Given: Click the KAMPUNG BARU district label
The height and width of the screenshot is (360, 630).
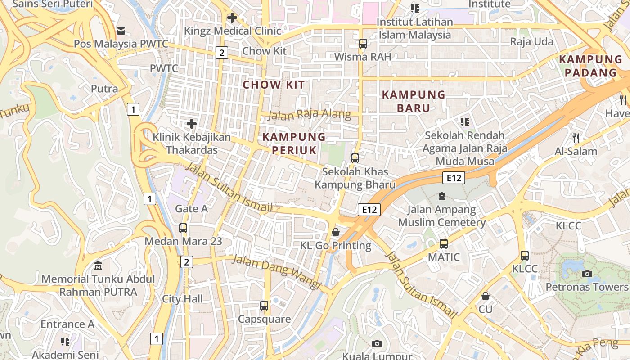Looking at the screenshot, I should point(413,101).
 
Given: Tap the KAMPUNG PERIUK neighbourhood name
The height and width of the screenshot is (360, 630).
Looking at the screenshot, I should point(294,144).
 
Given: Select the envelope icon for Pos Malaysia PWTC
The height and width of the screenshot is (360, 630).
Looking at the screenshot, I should point(121,31).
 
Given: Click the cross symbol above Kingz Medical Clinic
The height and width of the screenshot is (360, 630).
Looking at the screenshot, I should point(232,18).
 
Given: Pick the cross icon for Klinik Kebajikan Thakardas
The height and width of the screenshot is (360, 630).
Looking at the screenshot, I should point(192,124).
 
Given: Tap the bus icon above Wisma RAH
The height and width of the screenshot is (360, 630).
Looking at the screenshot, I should point(363,44).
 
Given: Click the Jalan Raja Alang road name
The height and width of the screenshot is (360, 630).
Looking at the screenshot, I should point(309,114).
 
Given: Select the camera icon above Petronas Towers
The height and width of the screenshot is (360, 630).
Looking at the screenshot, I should point(587,274).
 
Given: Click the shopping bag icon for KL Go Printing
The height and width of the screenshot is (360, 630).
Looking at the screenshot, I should point(336,232).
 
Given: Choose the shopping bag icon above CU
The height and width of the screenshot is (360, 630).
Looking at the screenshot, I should point(485,296).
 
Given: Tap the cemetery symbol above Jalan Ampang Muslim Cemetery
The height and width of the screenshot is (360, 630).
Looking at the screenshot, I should point(442,196).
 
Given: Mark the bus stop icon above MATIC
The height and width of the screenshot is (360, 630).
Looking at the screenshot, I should point(444,244).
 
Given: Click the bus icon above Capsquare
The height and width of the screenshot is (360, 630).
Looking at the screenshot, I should point(264,306).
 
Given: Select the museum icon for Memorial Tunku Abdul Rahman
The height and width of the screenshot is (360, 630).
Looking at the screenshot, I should point(98,266).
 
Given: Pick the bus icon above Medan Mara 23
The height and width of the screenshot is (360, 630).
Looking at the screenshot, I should point(183,228).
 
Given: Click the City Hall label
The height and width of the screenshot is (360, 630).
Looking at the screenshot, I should point(182,299).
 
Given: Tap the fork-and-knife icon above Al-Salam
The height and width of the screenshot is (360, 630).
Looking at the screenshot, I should point(576,138).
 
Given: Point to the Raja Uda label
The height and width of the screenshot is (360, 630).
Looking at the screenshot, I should point(531,42).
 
